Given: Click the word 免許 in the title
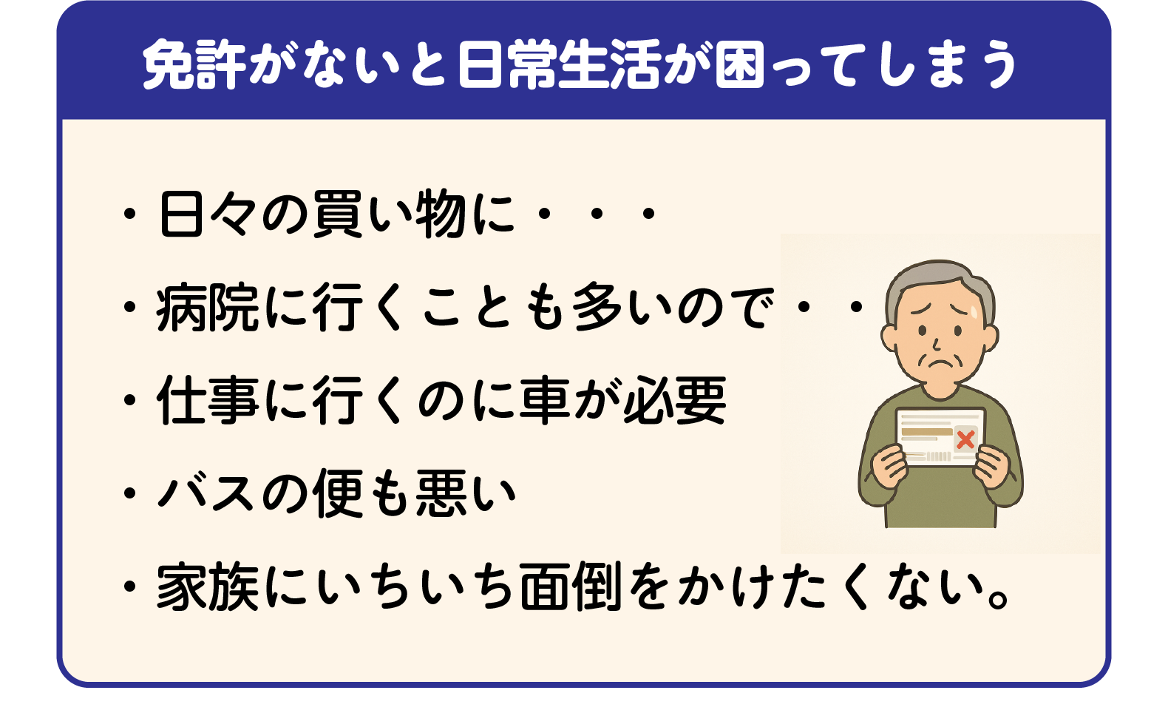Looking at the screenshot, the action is [x=194, y=64].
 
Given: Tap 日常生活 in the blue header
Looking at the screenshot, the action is [x=560, y=64].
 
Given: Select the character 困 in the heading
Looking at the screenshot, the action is [x=739, y=64].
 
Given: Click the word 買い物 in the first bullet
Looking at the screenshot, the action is [x=389, y=215].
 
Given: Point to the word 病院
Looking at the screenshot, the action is [x=208, y=308].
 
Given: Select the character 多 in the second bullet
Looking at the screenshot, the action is [x=597, y=308].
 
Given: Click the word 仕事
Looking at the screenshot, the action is [x=208, y=400].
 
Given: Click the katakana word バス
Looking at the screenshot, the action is [x=206, y=493].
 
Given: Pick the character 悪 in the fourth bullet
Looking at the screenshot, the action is [x=441, y=493].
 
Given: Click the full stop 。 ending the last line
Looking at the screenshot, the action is [x=999, y=598].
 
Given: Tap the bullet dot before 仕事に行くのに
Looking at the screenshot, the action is [x=129, y=400].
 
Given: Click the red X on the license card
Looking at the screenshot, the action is [x=965, y=439].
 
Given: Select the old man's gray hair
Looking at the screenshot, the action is [x=939, y=279].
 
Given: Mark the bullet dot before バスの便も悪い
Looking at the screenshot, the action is [x=129, y=493].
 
